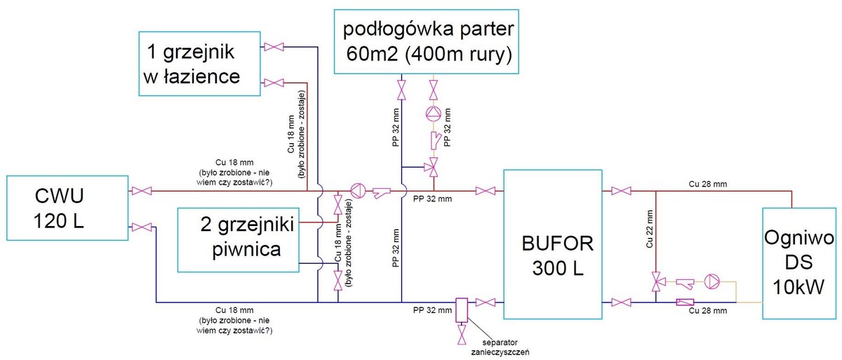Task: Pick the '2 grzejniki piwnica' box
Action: click(238, 239)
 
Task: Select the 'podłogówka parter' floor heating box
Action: click(427, 41)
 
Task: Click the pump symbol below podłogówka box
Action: click(434, 113)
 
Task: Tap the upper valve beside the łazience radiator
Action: click(274, 47)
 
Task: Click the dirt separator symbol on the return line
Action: click(461, 309)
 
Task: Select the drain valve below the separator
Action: click(461, 339)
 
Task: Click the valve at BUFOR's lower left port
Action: click(483, 302)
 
